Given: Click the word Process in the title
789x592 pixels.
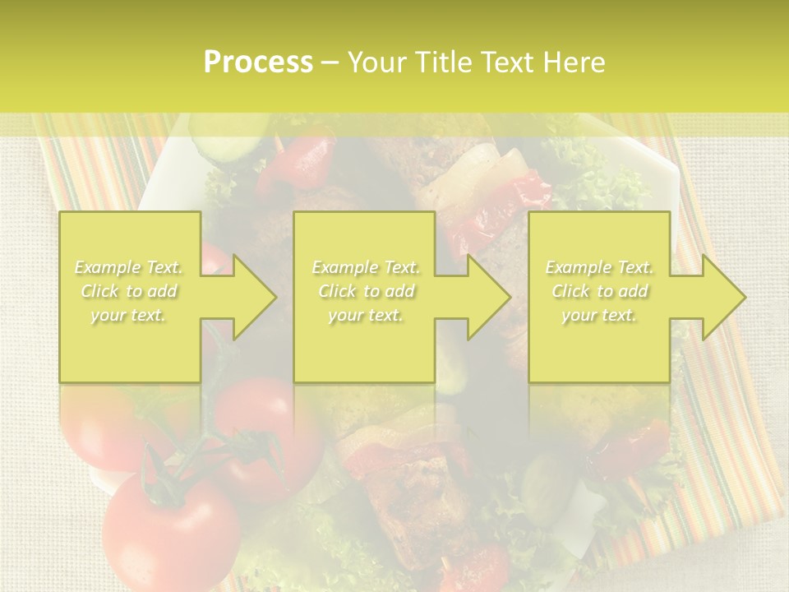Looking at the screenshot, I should click(258, 62).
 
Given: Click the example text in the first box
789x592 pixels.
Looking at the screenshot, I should click(129, 291).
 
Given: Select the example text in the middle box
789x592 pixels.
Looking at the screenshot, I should click(366, 291).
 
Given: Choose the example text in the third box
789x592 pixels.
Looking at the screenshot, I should click(599, 291).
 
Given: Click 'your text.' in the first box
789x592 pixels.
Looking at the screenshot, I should click(129, 315).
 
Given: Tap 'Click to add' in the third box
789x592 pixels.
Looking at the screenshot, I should click(599, 291).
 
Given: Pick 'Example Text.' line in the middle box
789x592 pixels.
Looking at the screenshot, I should click(366, 267).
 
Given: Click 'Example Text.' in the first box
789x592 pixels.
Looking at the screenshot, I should click(129, 267).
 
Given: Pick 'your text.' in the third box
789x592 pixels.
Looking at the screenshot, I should click(599, 315).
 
